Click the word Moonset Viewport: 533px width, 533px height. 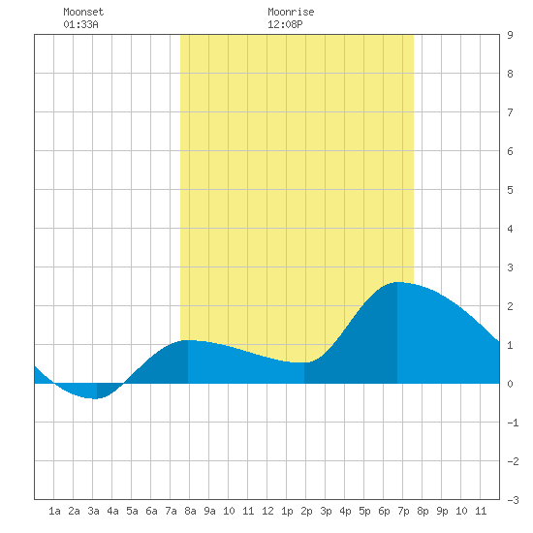(83, 12)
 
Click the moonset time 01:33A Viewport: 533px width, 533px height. (80, 24)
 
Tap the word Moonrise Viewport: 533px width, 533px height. (291, 12)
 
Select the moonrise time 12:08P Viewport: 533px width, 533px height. (285, 24)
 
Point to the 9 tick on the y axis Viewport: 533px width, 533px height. (510, 35)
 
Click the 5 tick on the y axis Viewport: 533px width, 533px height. (510, 190)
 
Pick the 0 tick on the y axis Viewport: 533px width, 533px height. (510, 384)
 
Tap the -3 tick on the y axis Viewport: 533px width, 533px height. (513, 500)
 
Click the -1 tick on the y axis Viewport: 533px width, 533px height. (513, 423)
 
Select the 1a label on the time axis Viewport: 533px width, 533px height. (54, 511)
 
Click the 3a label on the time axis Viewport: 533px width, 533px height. (93, 511)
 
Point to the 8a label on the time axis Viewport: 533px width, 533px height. (190, 511)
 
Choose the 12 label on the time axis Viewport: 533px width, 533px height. (267, 511)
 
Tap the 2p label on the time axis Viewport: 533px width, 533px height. (306, 511)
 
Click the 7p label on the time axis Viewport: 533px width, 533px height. (403, 511)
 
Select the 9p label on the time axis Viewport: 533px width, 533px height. (442, 511)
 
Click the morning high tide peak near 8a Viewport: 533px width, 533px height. (188, 340)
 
